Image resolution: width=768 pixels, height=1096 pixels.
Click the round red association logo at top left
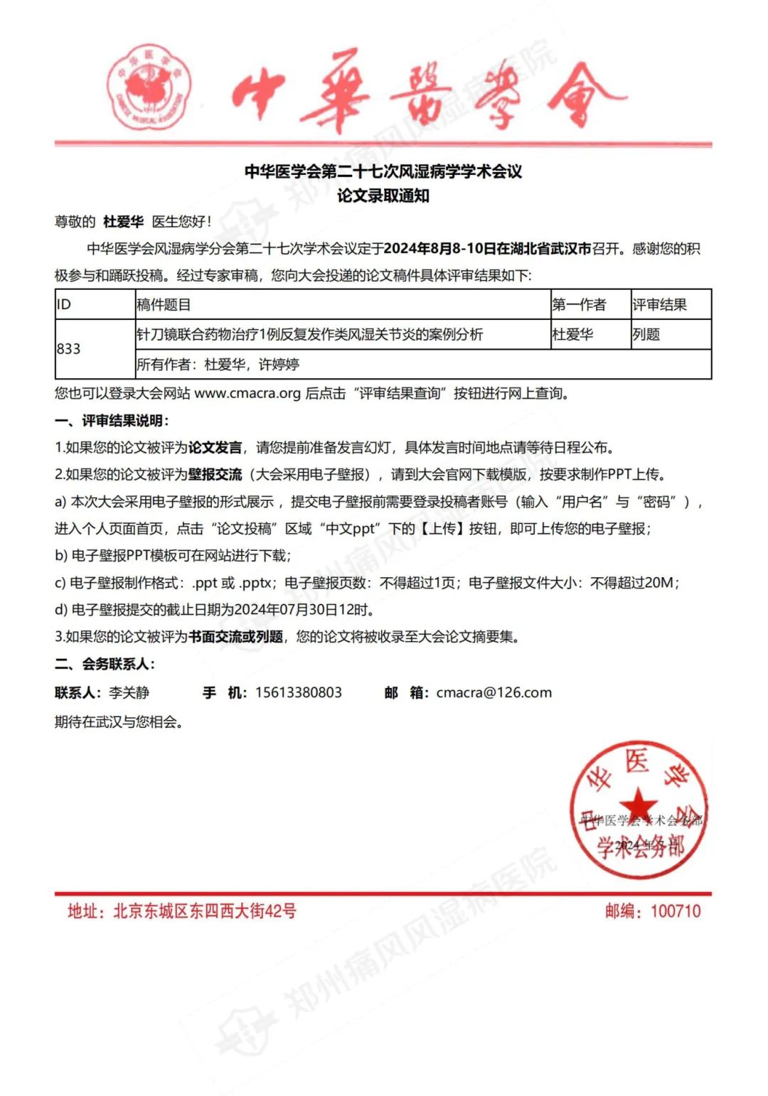coord(149,88)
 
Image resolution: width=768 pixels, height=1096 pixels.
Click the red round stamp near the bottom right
coord(640,810)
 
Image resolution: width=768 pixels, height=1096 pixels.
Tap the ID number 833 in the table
coord(69,349)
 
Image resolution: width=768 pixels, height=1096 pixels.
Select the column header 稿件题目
coord(164,305)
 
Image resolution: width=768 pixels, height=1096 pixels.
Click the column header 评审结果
coord(659,305)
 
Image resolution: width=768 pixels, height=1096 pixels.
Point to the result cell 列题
coord(646,334)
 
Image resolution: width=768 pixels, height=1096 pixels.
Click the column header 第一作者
coord(579,305)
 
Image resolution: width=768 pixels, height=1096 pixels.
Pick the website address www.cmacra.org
coord(247,393)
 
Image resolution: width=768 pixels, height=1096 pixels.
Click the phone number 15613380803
coord(299,692)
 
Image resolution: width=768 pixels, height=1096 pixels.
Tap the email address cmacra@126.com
coord(494,692)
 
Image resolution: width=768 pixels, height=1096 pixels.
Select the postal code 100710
coord(675,911)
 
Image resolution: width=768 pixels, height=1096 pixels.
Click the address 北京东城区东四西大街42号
coord(204,911)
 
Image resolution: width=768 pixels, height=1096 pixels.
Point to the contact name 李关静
coord(129,692)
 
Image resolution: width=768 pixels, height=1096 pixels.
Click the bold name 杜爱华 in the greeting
coord(123,222)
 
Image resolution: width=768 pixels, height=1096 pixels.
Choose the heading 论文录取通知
coord(383,196)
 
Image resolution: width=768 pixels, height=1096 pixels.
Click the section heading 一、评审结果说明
coord(112,421)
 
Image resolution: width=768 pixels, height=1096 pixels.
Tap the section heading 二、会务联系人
coord(105,664)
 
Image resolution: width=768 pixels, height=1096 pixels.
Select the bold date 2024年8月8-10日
coord(439,249)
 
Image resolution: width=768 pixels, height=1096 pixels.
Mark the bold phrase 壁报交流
coord(215,474)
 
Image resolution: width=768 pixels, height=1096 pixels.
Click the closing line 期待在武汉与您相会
coord(119,722)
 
